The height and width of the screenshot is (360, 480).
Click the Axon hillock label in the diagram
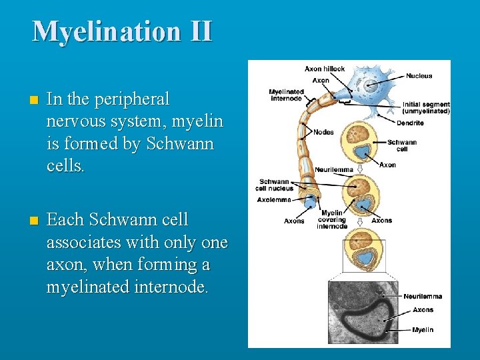(325, 69)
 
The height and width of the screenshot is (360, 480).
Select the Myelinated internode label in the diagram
(287, 95)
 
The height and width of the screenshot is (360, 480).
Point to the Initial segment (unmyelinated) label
(426, 107)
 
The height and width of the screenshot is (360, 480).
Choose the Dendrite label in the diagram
(410, 123)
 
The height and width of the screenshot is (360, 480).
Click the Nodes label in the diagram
(323, 132)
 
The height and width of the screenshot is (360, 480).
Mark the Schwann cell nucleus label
(275, 185)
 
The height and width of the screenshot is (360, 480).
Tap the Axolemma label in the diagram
(274, 199)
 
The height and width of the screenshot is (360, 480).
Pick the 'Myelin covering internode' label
(331, 219)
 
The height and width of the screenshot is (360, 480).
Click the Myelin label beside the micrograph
(423, 330)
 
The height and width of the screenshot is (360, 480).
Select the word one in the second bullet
(214, 243)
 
